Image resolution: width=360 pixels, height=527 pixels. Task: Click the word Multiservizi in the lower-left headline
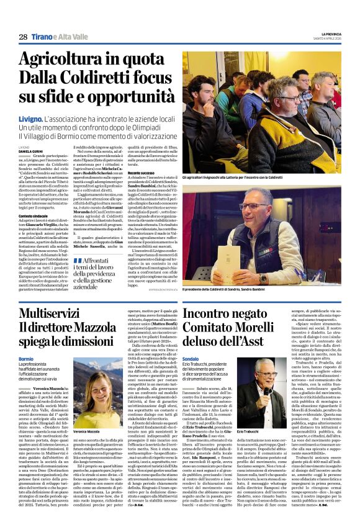click(54, 314)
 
